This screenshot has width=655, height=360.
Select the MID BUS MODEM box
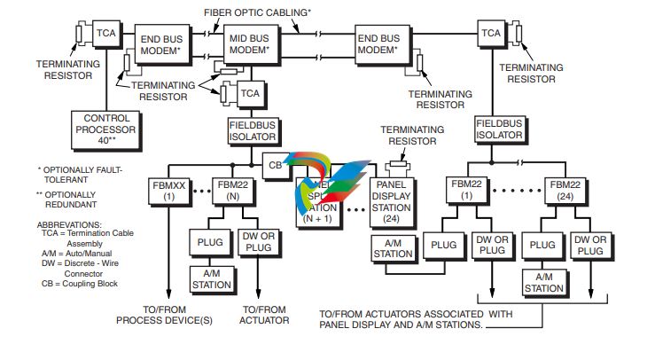pyautogui.click(x=249, y=45)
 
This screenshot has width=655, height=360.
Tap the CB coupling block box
pyautogui.click(x=276, y=164)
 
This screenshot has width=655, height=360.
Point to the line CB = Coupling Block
pyautogui.click(x=78, y=284)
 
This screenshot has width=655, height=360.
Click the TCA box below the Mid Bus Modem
pyautogui.click(x=251, y=92)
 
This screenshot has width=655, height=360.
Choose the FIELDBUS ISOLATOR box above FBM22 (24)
pyautogui.click(x=499, y=129)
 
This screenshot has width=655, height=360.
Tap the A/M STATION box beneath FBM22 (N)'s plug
pyautogui.click(x=210, y=278)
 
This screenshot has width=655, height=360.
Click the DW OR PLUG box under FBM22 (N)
pyautogui.click(x=258, y=242)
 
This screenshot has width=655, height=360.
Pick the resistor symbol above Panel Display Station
pyautogui.click(x=398, y=163)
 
